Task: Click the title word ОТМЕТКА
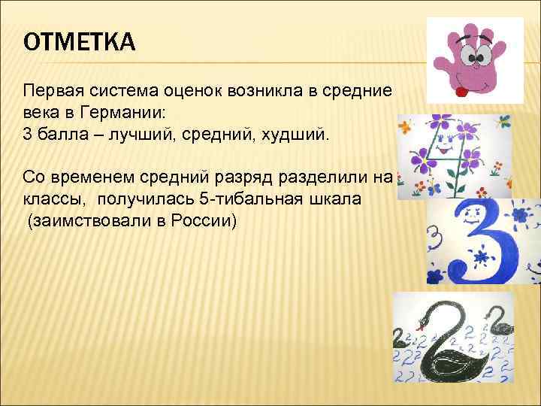coord(80,43)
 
